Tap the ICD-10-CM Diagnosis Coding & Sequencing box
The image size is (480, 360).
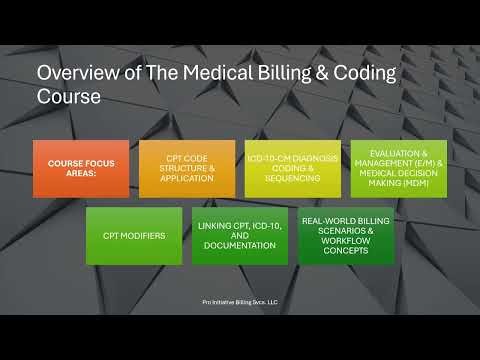point(292,168)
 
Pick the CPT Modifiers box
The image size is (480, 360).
point(133,236)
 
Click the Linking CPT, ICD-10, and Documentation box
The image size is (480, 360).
point(239,236)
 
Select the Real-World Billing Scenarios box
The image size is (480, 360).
point(345,236)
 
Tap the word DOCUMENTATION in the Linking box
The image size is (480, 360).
point(239,249)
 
